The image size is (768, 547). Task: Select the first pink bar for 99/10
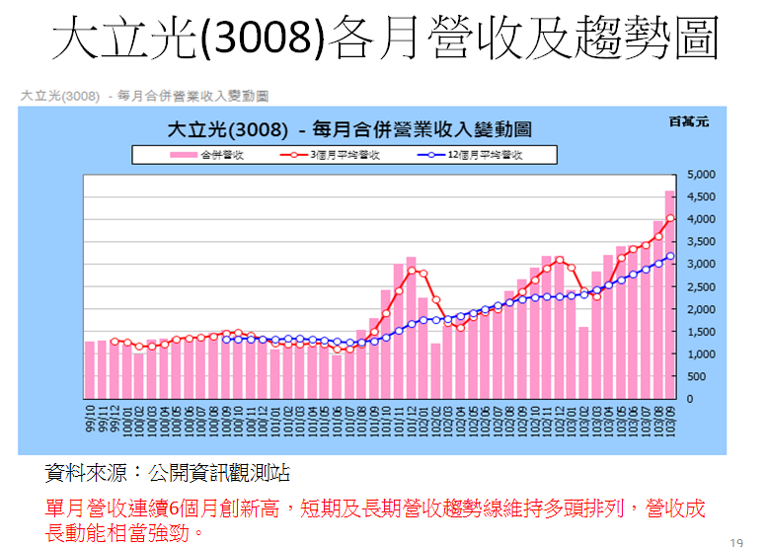pos(90,369)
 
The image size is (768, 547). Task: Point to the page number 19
pos(735,540)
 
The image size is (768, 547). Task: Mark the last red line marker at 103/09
pos(670,218)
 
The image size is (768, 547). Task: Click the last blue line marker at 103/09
pos(670,257)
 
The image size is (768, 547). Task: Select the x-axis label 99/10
pos(90,419)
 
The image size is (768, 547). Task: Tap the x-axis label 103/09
pos(670,419)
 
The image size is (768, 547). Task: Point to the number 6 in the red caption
pos(174,508)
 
